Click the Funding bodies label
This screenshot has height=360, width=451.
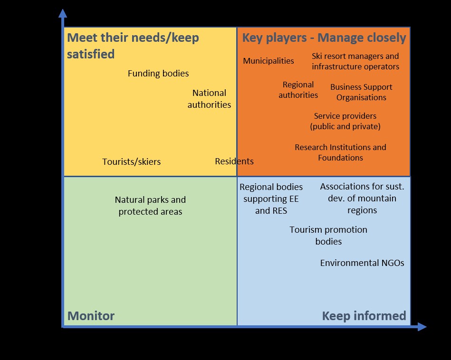pyautogui.click(x=158, y=74)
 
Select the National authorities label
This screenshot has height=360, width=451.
pyautogui.click(x=210, y=99)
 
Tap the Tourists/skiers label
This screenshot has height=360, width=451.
pyautogui.click(x=132, y=161)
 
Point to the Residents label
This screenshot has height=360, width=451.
pyautogui.click(x=234, y=161)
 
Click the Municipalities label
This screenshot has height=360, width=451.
pyautogui.click(x=269, y=61)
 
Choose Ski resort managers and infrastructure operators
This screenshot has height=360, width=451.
pyautogui.click(x=355, y=61)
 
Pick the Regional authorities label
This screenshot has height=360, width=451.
pyautogui.click(x=298, y=90)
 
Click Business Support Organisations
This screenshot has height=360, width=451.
pyautogui.click(x=361, y=92)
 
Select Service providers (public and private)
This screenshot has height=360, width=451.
pyautogui.click(x=345, y=121)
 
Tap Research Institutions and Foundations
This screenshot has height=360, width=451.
pyautogui.click(x=341, y=152)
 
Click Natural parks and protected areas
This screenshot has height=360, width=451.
pyautogui.click(x=150, y=206)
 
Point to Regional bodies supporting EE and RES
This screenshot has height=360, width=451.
pyautogui.click(x=271, y=199)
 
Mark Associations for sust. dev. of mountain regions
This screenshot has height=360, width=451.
pyautogui.click(x=362, y=198)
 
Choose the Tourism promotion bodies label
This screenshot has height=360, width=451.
pyautogui.click(x=328, y=236)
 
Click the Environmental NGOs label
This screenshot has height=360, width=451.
pyautogui.click(x=362, y=263)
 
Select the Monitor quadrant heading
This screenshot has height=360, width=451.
pyautogui.click(x=91, y=316)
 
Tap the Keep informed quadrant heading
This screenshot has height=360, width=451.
pyautogui.click(x=364, y=316)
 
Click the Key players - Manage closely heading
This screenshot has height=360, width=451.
pyautogui.click(x=324, y=38)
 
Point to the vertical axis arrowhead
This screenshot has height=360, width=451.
pyautogui.click(x=63, y=13)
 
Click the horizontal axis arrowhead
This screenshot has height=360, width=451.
pyautogui.click(x=422, y=327)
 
